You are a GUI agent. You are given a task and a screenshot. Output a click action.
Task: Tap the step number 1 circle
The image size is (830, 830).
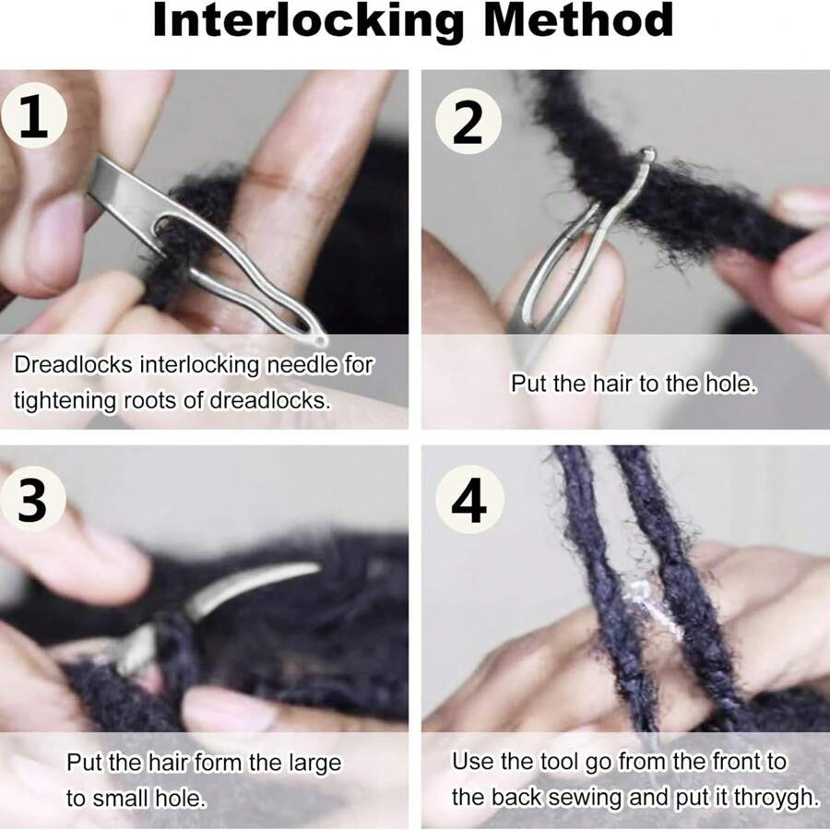34,121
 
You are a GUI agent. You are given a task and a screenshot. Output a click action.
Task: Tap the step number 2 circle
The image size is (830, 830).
468,121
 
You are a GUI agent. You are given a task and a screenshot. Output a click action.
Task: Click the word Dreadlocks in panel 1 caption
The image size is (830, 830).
73,364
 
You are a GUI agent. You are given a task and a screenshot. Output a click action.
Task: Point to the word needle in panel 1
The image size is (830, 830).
303,364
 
